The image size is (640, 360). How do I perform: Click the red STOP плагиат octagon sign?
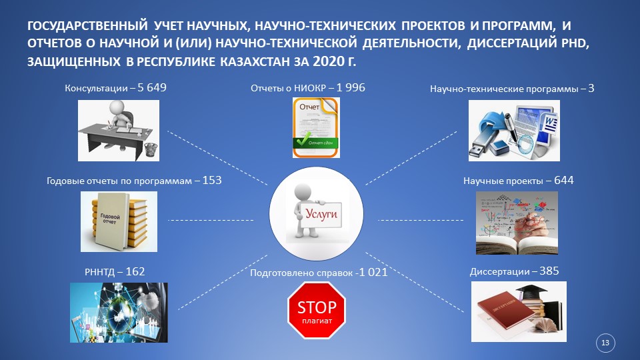pyautogui.click(x=317, y=310)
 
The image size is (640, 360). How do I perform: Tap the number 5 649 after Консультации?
pyautogui.click(x=152, y=88)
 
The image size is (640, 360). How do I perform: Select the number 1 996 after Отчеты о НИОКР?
pyautogui.click(x=351, y=88)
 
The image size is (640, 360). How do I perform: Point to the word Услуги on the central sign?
pyautogui.click(x=321, y=213)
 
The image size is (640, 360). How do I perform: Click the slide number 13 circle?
pyautogui.click(x=605, y=343)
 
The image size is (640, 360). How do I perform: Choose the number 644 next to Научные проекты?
pyautogui.click(x=564, y=181)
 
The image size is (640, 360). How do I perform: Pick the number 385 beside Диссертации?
pyautogui.click(x=549, y=271)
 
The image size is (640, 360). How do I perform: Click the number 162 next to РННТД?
pyautogui.click(x=135, y=272)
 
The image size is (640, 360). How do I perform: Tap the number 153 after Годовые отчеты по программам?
pyautogui.click(x=212, y=181)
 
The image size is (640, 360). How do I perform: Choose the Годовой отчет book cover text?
pyautogui.click(x=109, y=219)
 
